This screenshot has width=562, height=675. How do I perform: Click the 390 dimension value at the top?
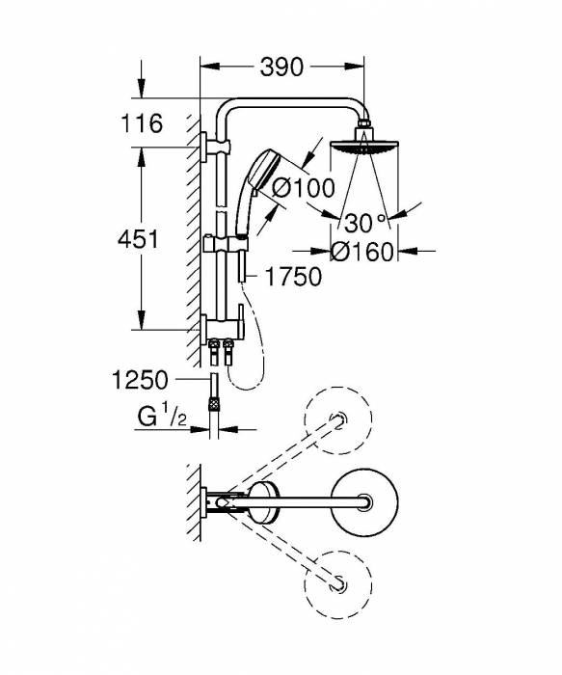[281, 67]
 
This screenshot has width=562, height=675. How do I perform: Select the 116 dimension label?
[142, 124]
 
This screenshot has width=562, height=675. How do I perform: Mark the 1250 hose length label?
[142, 380]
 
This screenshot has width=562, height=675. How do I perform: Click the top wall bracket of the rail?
[209, 147]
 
